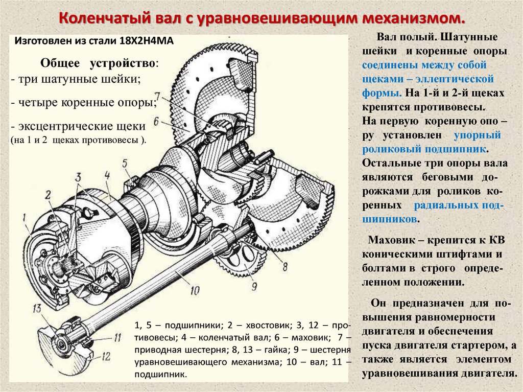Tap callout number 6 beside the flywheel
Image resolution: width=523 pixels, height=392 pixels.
click(156, 121)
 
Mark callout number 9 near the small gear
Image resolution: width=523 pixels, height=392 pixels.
click(254, 286)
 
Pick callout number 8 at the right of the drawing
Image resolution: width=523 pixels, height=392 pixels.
click(284, 266)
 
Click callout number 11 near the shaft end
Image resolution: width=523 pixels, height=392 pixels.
click(117, 337)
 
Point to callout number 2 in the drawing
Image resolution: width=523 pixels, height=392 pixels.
click(47, 195)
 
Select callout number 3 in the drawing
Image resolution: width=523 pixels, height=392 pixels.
click(78, 177)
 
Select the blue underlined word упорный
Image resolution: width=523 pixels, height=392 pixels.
click(477, 136)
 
